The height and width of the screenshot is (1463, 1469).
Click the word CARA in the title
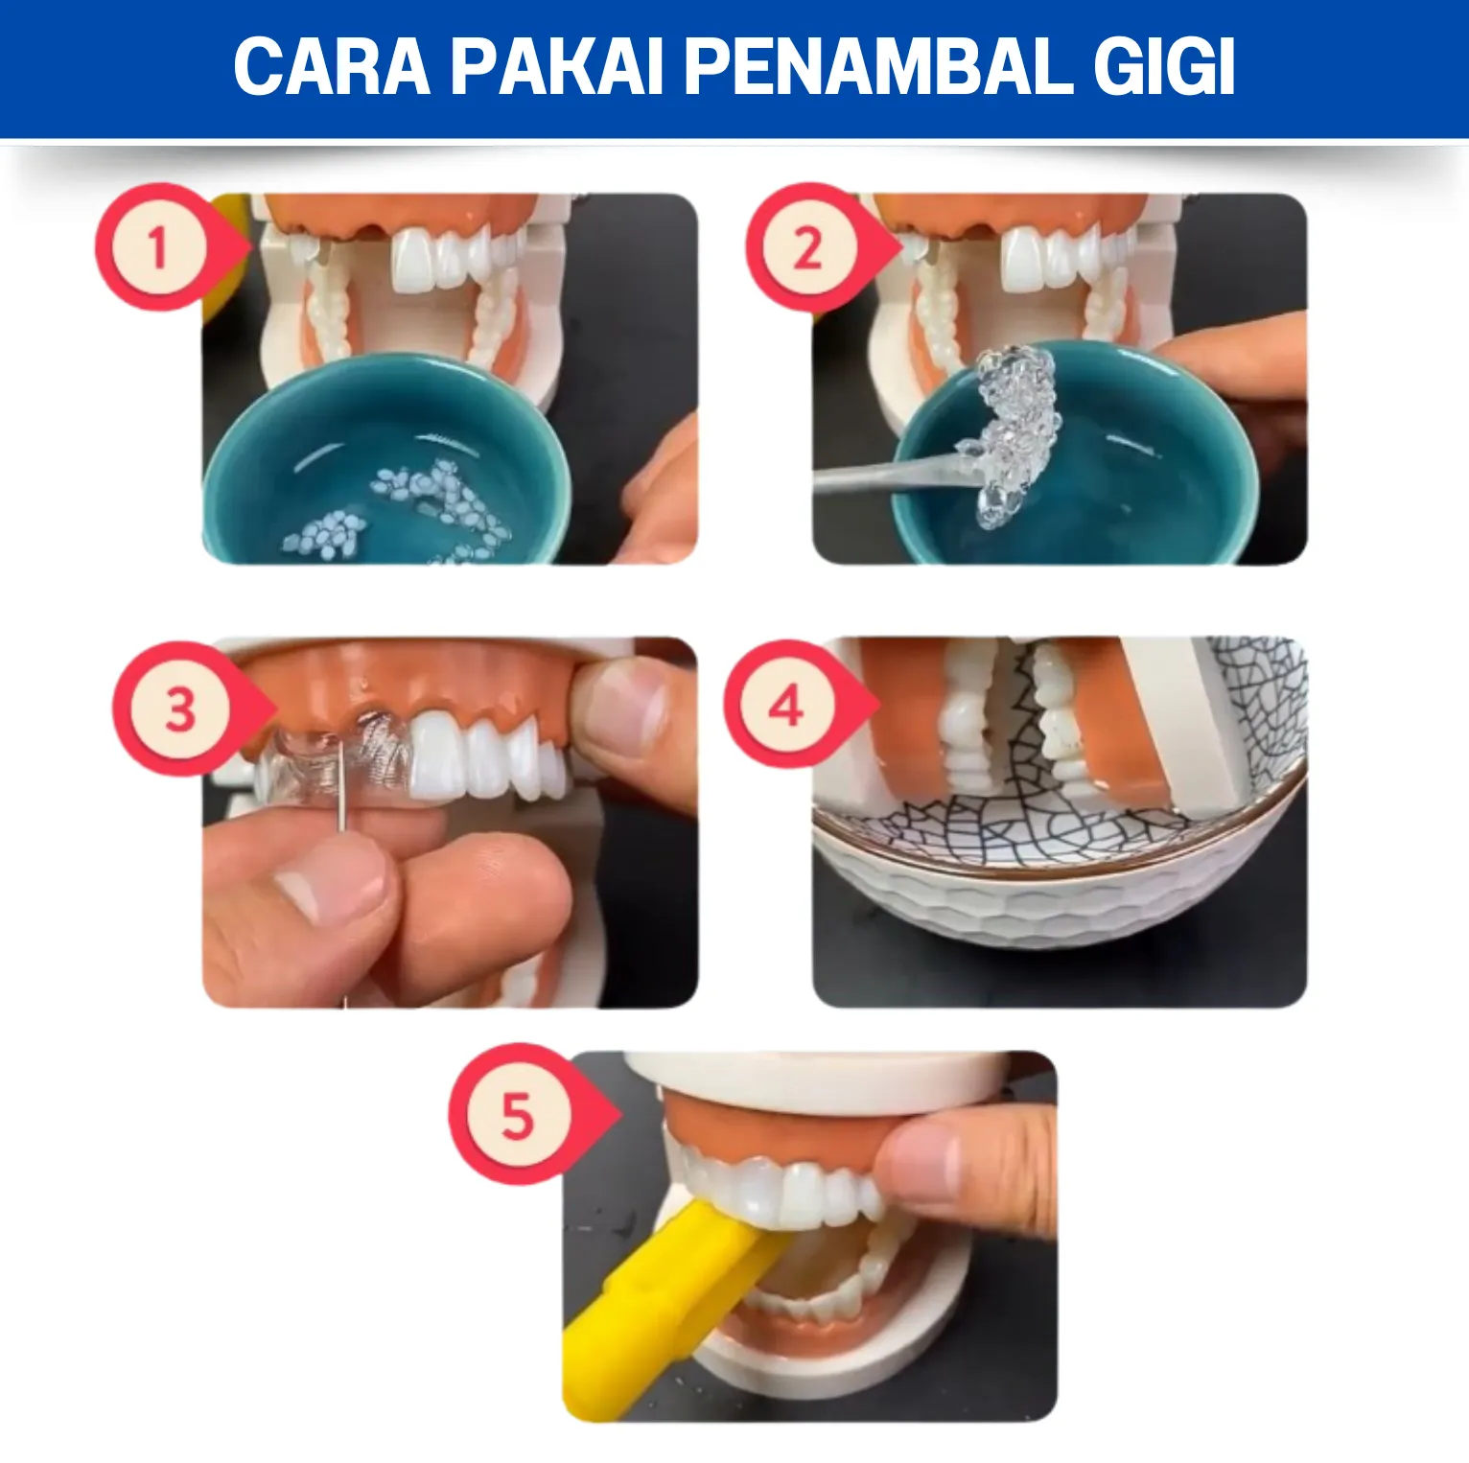click(x=332, y=66)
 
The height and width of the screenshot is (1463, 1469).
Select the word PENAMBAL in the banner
click(x=877, y=66)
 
